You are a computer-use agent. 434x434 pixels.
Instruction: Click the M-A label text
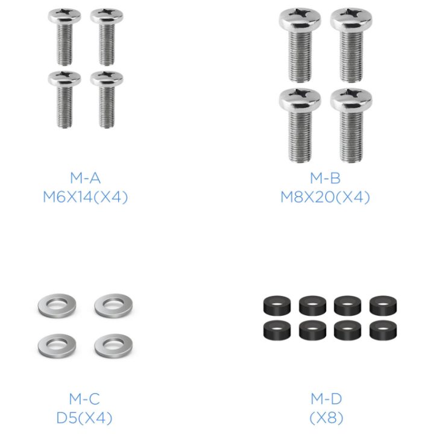[x=85, y=178]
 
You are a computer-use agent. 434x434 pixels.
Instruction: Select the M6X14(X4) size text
[x=85, y=197]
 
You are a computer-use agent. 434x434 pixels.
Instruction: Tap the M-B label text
[x=325, y=178]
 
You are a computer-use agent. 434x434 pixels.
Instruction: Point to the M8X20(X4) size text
[x=325, y=197]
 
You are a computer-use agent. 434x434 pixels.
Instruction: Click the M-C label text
[x=84, y=399]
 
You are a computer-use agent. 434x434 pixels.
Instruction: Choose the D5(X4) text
[x=84, y=418]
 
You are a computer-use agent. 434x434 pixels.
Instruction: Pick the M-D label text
[x=326, y=399]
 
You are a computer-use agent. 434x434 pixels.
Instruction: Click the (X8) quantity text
[x=326, y=418]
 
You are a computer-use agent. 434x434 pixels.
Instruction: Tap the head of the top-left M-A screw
[x=64, y=16]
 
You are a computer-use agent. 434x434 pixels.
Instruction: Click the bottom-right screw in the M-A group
[x=107, y=99]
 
